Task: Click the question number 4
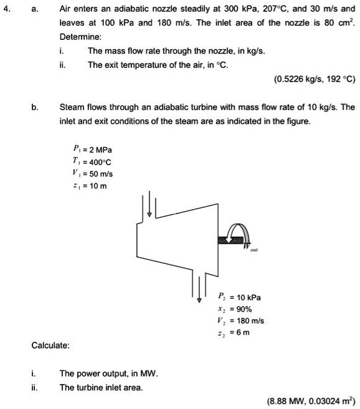click(7, 9)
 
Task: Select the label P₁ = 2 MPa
click(92, 149)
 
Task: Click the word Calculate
click(51, 345)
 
